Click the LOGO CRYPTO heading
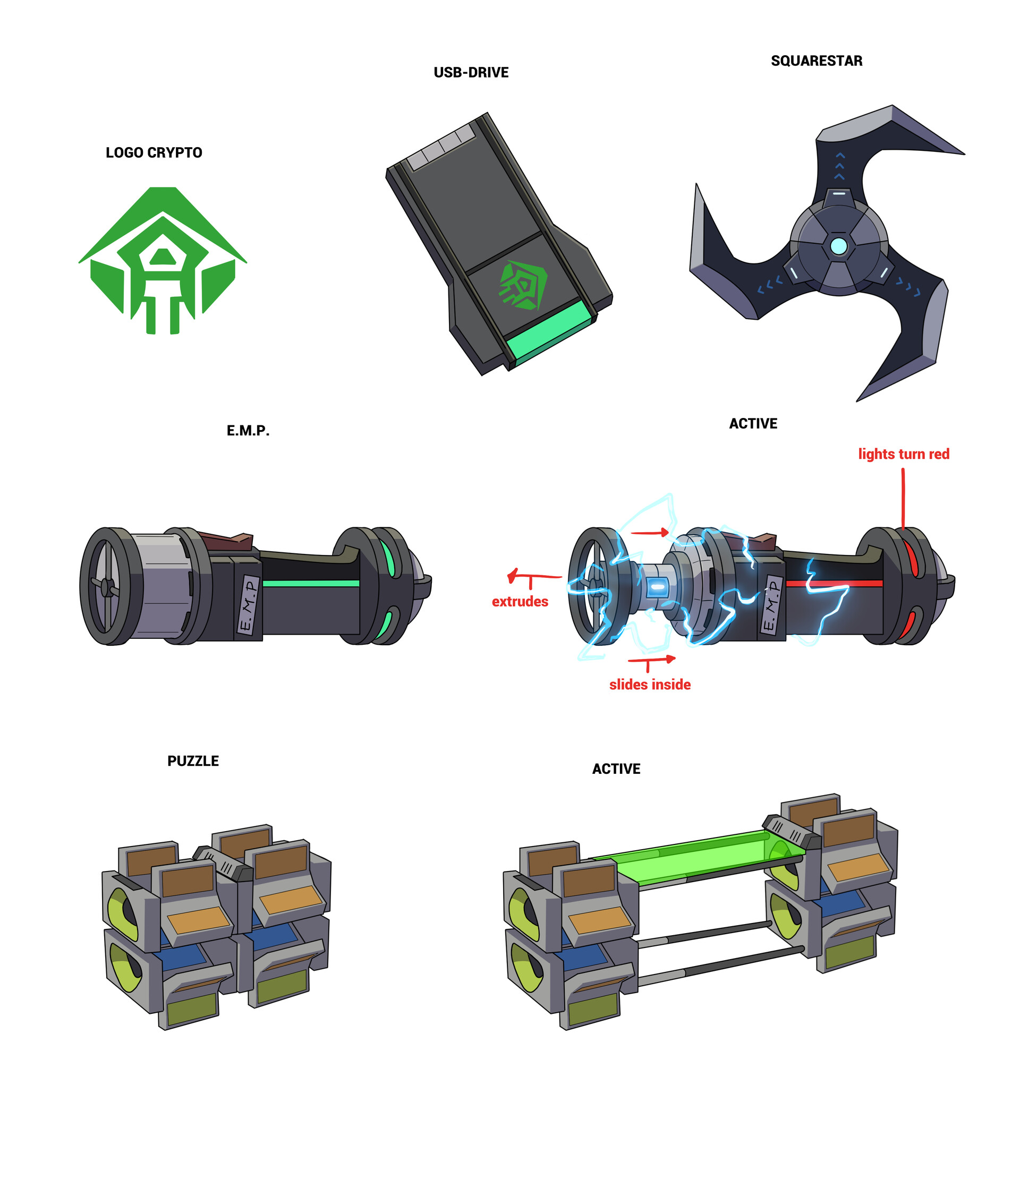pos(154,152)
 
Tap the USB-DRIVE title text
pos(471,72)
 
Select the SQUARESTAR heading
pos(816,61)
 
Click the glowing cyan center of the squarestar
pos(838,246)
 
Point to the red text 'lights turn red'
pos(903,454)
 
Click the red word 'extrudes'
pos(520,601)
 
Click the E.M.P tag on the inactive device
pos(249,604)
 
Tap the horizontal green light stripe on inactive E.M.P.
pos(311,583)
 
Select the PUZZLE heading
pos(193,762)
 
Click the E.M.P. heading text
pos(248,431)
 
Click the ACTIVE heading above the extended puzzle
pos(616,770)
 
